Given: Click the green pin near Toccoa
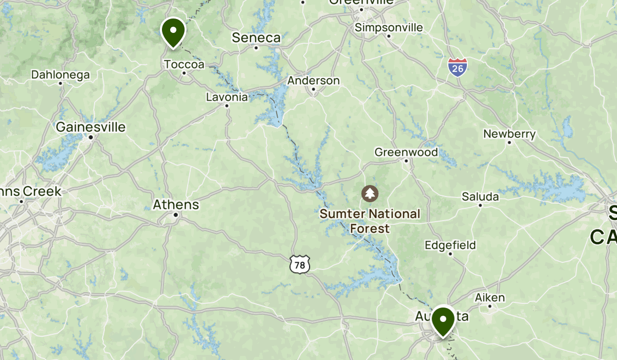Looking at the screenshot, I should [173, 31].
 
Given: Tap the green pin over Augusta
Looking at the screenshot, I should [443, 320].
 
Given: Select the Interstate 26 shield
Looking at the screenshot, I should [457, 67].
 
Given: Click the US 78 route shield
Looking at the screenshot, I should [298, 264].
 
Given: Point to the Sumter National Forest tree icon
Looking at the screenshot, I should [370, 194].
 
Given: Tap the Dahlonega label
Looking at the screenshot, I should [61, 75].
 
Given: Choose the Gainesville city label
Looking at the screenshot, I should [90, 127].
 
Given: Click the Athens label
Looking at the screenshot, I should [176, 205].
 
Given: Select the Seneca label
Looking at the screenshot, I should [256, 38].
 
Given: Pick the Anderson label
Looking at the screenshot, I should [313, 81].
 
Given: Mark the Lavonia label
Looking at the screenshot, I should [227, 97].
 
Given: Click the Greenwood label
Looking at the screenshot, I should [406, 152].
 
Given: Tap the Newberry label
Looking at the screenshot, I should [509, 134].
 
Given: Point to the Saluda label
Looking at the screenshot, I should [480, 196].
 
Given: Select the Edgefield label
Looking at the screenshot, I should [450, 245].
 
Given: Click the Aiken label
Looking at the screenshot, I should [489, 297].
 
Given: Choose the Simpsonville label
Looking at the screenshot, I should [389, 27].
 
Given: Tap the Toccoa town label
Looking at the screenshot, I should [184, 64].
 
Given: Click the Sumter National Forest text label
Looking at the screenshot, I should [370, 221].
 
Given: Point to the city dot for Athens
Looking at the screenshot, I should [176, 214].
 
